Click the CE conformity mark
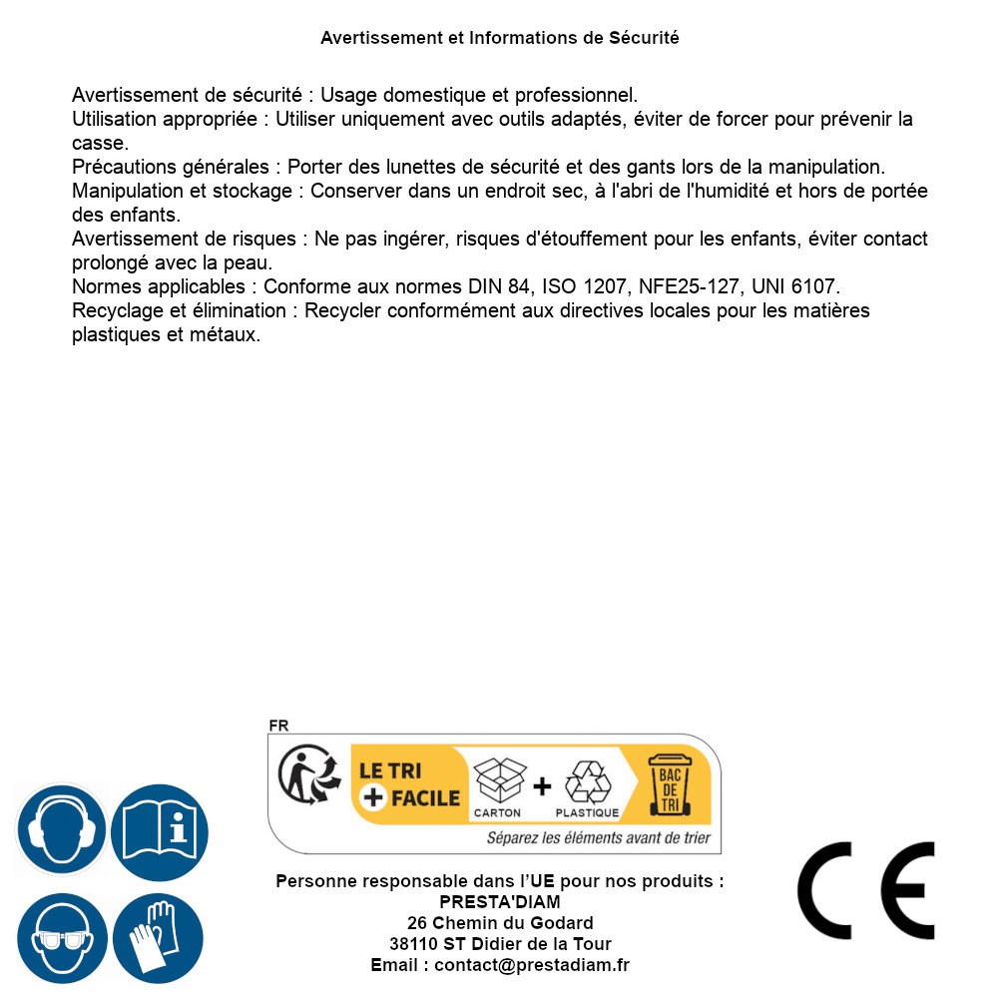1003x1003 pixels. [x=866, y=891]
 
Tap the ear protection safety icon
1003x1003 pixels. [x=61, y=829]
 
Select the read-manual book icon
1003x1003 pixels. [x=160, y=831]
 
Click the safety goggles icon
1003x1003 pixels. [x=62, y=939]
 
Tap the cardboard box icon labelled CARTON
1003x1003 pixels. [x=499, y=783]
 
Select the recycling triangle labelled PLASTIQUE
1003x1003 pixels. [x=587, y=783]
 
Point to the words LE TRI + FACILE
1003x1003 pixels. [x=409, y=784]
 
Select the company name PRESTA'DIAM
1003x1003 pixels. [x=499, y=902]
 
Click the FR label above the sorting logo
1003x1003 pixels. [x=278, y=726]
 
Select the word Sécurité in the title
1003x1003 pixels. [x=645, y=38]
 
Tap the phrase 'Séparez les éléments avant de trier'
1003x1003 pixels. [x=598, y=837]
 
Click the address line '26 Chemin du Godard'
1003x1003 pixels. [x=499, y=923]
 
